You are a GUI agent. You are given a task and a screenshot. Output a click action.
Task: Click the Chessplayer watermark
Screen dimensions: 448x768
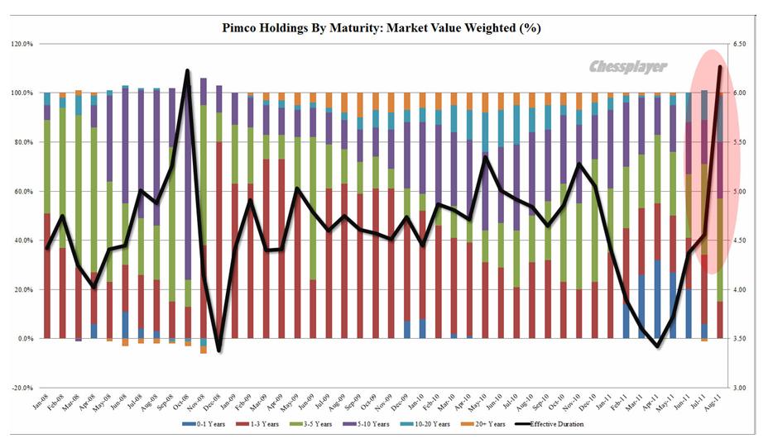[x=628, y=67]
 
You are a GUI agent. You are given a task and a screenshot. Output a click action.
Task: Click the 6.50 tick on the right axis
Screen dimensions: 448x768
[x=741, y=44]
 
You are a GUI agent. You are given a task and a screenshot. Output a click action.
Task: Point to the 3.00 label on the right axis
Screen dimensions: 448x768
[x=741, y=388]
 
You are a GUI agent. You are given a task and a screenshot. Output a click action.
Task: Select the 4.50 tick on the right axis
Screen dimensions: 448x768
[x=741, y=241]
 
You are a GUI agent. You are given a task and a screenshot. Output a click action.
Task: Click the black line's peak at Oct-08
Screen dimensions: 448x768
[x=187, y=71]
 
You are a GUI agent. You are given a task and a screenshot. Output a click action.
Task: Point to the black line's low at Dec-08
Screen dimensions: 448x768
[x=219, y=350]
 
